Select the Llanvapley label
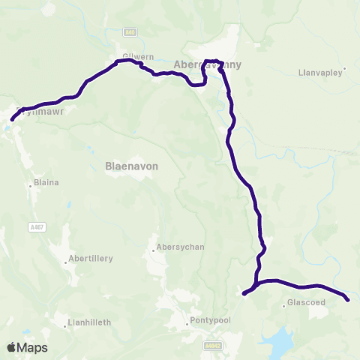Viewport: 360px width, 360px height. (320, 73)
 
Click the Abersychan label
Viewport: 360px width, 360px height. (178, 247)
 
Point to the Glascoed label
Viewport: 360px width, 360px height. (304, 304)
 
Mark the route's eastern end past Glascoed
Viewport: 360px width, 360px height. (348, 300)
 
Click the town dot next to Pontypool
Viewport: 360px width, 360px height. (188, 325)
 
